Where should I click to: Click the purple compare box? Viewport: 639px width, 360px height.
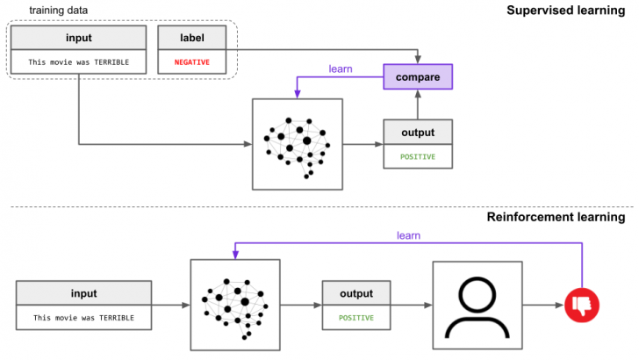418,76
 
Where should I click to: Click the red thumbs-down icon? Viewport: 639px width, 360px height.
583,305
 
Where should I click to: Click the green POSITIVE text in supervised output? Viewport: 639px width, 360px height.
418,157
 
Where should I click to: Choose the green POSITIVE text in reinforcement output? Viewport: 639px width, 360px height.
355,317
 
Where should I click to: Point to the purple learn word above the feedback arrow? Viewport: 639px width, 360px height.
408,234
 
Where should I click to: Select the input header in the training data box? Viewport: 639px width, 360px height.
78,38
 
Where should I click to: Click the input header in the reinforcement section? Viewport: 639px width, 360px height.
83,293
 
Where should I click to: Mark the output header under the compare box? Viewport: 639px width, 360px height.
418,133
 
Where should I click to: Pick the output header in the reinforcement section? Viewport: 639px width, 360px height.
355,293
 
